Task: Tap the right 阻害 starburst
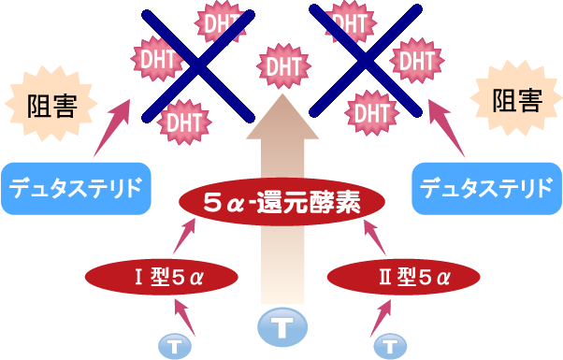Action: pyautogui.click(x=515, y=101)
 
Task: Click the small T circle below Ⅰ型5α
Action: pyautogui.click(x=174, y=345)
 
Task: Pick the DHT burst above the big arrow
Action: pyautogui.click(x=281, y=66)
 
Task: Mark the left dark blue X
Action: pyautogui.click(x=197, y=63)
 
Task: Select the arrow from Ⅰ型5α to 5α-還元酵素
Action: pyautogui.click(x=183, y=238)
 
